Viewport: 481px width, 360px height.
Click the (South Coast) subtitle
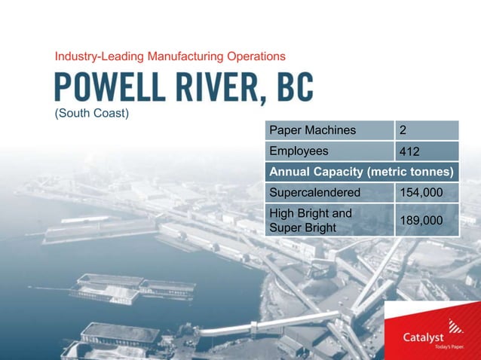[x=92, y=114]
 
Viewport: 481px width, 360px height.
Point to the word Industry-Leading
[x=100, y=56]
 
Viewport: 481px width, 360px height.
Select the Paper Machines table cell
[x=329, y=130]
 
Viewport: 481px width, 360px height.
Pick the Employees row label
[x=329, y=151]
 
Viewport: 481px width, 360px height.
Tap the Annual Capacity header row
[x=362, y=172]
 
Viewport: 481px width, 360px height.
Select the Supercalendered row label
[x=329, y=192]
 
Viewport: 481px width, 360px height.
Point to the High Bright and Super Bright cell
[x=329, y=220]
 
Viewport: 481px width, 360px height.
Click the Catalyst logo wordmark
[x=423, y=338]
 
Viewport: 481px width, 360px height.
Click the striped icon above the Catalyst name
[x=455, y=325]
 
